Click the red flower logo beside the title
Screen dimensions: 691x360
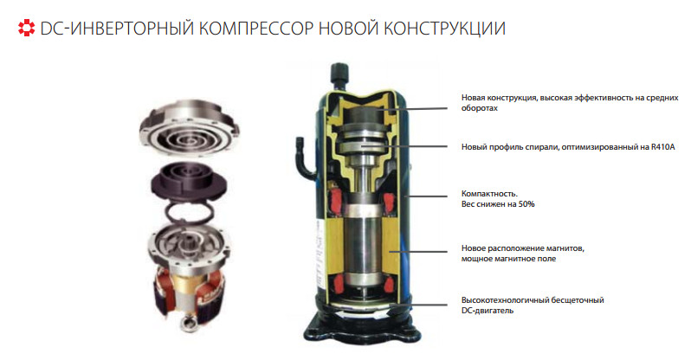coord(26,28)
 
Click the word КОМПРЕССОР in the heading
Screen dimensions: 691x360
coord(256,29)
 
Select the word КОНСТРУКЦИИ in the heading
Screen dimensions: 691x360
coord(444,29)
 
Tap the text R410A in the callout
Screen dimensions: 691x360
coord(662,147)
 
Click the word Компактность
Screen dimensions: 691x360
coord(489,194)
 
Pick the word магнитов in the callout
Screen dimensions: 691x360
coord(565,248)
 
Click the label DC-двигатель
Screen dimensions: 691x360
coord(488,311)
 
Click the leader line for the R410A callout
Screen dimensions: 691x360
coord(404,146)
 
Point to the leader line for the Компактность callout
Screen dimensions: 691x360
coord(427,196)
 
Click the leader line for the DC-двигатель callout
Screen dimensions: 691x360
coord(418,305)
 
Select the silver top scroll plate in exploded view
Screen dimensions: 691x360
coord(190,125)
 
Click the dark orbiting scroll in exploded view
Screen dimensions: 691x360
coord(190,181)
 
